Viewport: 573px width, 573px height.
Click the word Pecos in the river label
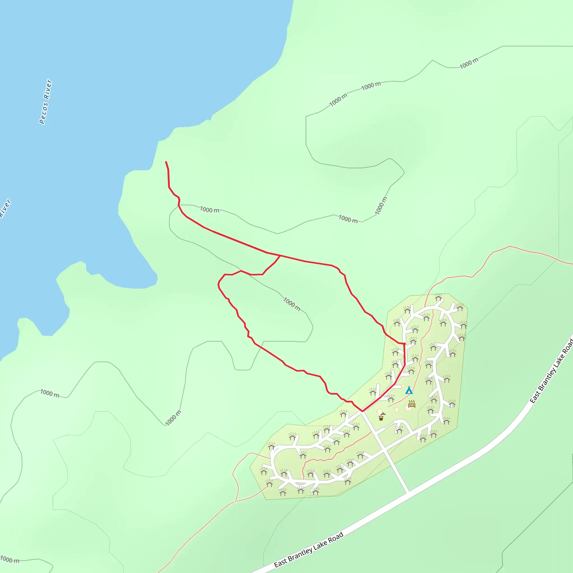tap(43, 113)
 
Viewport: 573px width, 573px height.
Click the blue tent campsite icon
tap(409, 390)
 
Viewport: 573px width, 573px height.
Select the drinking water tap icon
tap(382, 416)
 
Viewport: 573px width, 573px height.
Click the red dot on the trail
tap(404, 344)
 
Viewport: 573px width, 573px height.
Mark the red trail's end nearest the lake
tap(166, 162)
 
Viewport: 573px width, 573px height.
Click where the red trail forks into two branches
tap(280, 255)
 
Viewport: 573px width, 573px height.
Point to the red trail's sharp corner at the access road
tap(362, 411)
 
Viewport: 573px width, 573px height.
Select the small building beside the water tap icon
tap(379, 411)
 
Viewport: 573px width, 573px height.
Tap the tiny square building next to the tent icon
tap(403, 386)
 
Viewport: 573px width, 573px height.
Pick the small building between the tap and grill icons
tap(396, 410)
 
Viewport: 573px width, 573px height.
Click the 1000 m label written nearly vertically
tap(381, 206)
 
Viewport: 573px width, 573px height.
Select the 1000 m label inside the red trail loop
tap(292, 304)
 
